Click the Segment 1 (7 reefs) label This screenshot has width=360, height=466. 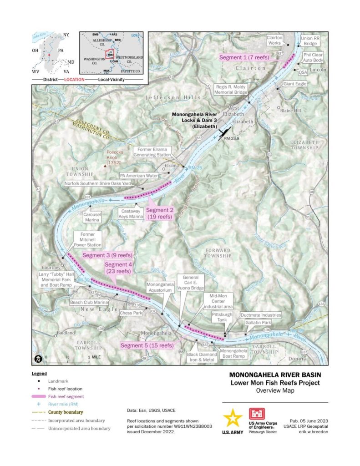[244, 58]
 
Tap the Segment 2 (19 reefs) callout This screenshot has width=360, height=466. [159, 213]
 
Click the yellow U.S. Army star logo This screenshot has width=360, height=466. [233, 418]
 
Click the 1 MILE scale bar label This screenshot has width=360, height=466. [95, 357]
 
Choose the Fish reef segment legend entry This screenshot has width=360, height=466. [67, 396]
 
